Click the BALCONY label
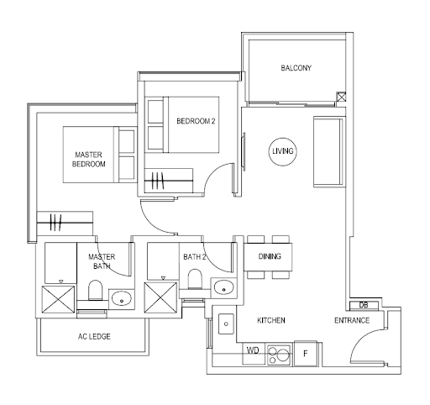coord(296,68)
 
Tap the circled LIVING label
coord(283,151)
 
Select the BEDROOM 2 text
coord(196,121)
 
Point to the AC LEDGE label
coord(94,336)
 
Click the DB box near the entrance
coord(364,305)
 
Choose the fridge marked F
coord(306,354)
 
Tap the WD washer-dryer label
coord(253,350)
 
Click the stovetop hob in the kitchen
coord(279,355)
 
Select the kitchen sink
coord(226,323)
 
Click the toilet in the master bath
coord(95,290)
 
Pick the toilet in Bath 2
coord(195,279)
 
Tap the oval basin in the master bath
coord(122,299)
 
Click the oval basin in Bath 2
coord(223,287)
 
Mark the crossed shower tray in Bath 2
coord(160,297)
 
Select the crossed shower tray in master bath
coord(58,299)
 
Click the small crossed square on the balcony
coord(341,97)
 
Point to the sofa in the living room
coord(328,151)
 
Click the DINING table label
coord(270,256)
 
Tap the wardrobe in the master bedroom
coord(65,224)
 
